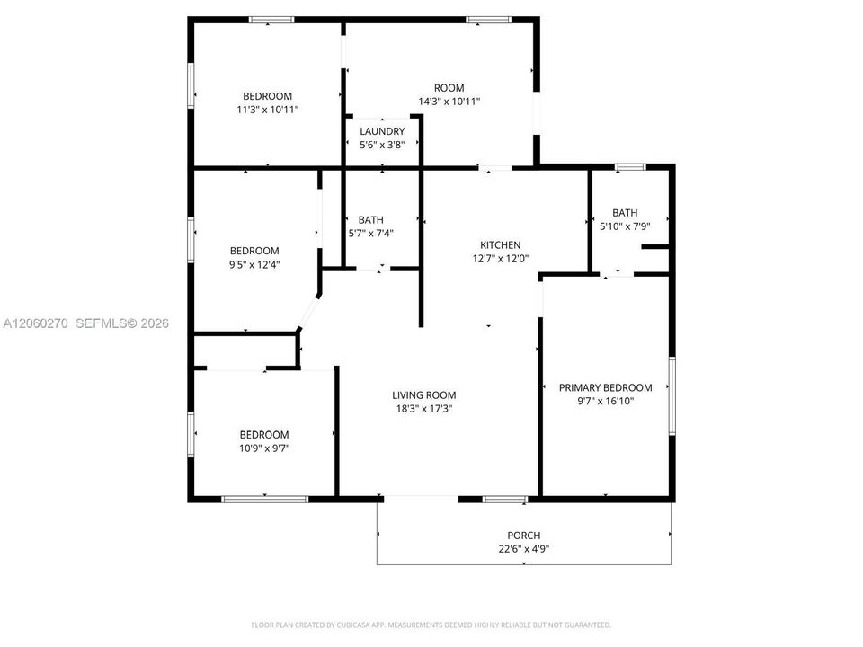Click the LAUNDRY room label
(x=382, y=131)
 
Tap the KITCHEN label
(x=501, y=245)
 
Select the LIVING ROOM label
(x=423, y=395)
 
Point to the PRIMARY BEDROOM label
(x=605, y=387)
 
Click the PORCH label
(x=524, y=536)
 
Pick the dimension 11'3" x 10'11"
(x=268, y=110)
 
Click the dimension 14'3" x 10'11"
(x=449, y=102)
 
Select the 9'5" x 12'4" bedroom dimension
(x=254, y=264)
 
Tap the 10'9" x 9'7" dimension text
(x=264, y=448)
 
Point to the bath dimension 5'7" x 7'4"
(x=371, y=234)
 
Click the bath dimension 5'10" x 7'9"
(x=625, y=226)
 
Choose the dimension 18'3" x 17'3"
(x=423, y=409)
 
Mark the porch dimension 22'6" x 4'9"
(x=524, y=549)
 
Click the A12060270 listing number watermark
(x=36, y=323)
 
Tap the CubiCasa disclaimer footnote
(x=431, y=625)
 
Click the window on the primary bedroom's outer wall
(x=672, y=395)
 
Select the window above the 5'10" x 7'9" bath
(x=630, y=167)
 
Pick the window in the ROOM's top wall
(x=489, y=21)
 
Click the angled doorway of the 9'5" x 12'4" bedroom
(x=308, y=313)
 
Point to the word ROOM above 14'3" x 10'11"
(x=449, y=88)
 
